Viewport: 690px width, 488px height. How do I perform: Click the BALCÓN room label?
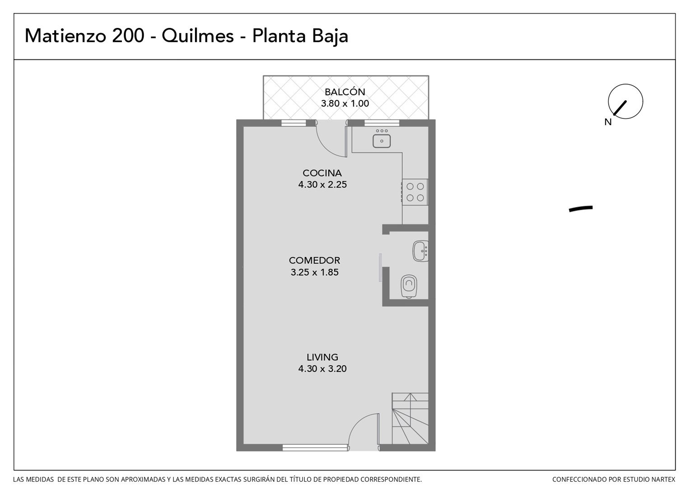(345, 92)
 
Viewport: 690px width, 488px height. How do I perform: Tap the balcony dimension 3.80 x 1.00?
(345, 103)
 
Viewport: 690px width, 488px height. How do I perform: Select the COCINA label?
(322, 173)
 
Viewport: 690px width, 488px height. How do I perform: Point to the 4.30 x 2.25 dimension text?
(322, 184)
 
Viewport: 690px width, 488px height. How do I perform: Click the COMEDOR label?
(314, 261)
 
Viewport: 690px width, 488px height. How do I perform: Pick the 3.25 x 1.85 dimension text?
(314, 272)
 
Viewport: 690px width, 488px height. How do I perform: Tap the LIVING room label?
(322, 357)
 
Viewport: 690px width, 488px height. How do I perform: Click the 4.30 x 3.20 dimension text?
(322, 369)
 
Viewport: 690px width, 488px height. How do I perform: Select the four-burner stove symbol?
(415, 192)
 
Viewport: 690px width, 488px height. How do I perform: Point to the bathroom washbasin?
(420, 251)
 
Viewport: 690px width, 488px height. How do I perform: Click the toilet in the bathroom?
(409, 286)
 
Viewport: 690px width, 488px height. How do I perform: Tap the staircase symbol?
(410, 418)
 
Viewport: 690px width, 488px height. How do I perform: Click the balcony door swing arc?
(326, 147)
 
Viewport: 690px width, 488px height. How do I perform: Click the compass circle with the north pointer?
(625, 101)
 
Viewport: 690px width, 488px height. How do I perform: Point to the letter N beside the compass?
(608, 122)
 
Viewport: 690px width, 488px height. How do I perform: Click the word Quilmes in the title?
(197, 36)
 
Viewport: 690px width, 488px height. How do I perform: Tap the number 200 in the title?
(128, 36)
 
